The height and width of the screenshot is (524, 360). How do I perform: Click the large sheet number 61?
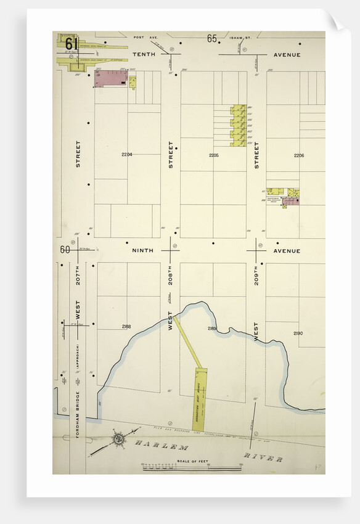tap(71, 44)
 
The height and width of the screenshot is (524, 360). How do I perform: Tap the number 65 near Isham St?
tap(212, 39)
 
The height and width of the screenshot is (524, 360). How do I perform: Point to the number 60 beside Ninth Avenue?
tap(65, 250)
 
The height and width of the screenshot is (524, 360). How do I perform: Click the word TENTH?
tap(142, 54)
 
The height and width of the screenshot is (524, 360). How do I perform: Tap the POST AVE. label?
tap(150, 38)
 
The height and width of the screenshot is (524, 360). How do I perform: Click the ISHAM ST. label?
tap(240, 38)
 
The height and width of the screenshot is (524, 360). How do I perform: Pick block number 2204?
tap(127, 154)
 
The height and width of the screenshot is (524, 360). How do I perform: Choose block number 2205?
tap(214, 155)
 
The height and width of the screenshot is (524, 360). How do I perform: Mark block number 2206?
tap(299, 155)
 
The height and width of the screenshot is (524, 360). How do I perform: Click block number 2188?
tap(126, 326)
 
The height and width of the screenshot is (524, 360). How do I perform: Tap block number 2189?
tap(213, 329)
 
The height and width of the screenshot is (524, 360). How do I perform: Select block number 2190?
tap(298, 333)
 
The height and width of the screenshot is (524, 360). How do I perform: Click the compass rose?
tap(118, 440)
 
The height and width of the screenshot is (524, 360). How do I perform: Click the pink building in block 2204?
tap(110, 78)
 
